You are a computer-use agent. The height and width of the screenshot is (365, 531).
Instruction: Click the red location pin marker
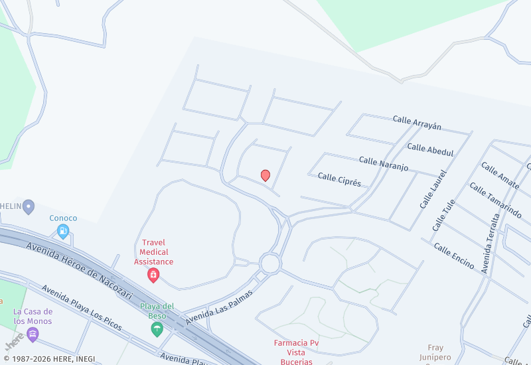click(265, 175)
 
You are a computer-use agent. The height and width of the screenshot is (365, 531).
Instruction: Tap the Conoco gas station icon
click(63, 231)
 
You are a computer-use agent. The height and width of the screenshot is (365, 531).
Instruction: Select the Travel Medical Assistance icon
click(153, 275)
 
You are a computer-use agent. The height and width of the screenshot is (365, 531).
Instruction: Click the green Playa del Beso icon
click(157, 329)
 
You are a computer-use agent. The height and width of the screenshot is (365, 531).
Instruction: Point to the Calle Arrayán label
click(417, 123)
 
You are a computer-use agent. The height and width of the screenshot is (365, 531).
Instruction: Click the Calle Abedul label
click(430, 150)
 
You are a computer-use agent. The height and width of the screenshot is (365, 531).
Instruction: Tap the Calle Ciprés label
click(339, 179)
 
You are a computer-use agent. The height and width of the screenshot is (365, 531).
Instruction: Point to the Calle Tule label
click(444, 215)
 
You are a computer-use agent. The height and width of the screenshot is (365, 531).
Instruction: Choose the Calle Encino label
click(454, 256)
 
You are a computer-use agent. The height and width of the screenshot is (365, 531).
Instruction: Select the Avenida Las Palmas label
click(220, 306)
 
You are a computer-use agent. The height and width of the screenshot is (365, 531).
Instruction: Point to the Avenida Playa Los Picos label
click(82, 308)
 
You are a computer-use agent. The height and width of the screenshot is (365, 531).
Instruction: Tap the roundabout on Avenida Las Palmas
click(270, 263)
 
